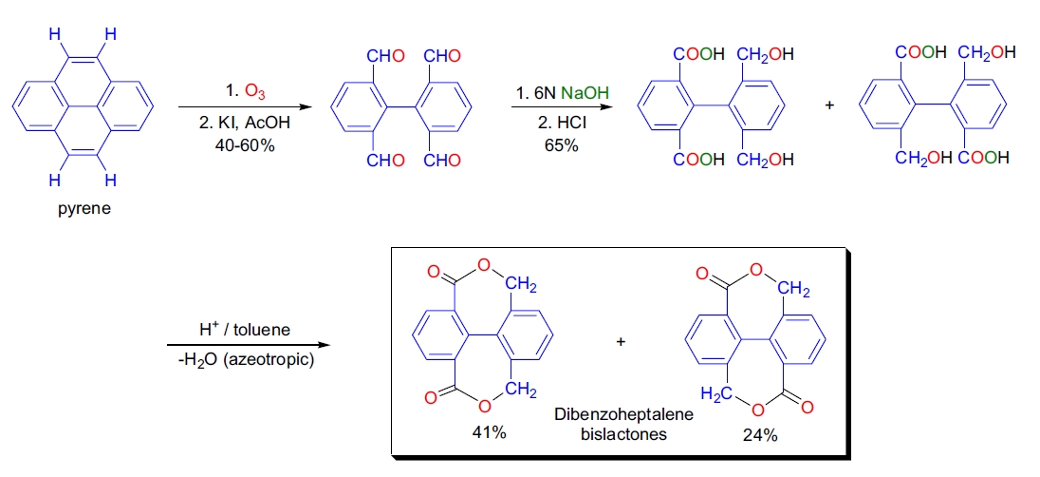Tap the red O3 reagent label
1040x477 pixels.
pos(255,92)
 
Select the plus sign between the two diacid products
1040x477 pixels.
pos(828,105)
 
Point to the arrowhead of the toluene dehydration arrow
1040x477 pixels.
pos(329,345)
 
